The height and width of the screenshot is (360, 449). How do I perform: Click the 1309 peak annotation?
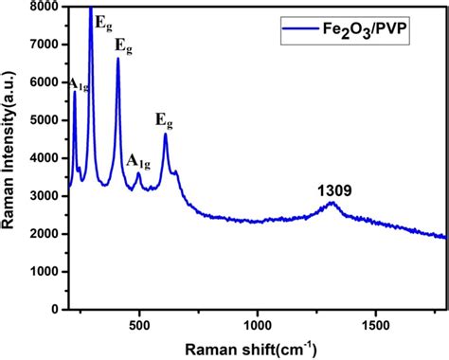335,191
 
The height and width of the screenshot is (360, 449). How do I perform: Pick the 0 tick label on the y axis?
60,309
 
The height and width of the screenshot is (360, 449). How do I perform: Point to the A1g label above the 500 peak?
138,160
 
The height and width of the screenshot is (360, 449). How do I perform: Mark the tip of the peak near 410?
118,59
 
